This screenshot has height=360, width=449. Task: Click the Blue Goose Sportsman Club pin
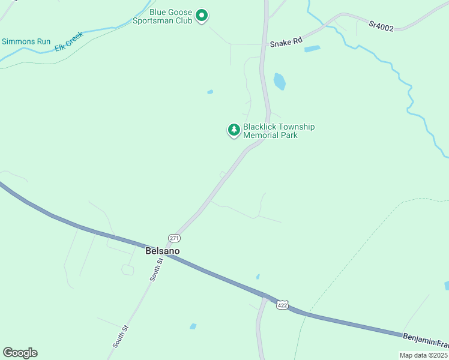click(x=202, y=16)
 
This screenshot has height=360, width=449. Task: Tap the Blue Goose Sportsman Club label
click(x=170, y=16)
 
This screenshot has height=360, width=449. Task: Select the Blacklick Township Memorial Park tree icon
click(x=234, y=130)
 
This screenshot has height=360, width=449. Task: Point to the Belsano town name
click(x=162, y=251)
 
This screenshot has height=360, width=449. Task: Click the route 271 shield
click(x=174, y=238)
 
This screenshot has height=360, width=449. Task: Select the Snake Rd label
click(x=284, y=43)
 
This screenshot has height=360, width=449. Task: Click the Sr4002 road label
click(x=381, y=26)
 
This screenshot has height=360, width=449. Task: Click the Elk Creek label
click(x=68, y=41)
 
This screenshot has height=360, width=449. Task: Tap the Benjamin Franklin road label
click(x=426, y=341)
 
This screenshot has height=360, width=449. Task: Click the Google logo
click(x=20, y=353)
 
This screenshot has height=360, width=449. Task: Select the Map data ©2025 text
click(x=423, y=355)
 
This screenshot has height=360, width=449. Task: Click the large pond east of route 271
click(x=279, y=81)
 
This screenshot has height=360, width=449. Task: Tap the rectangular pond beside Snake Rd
click(x=312, y=49)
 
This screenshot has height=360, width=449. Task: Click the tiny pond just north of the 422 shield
click(x=258, y=277)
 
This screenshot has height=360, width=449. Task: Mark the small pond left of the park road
click(x=210, y=92)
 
